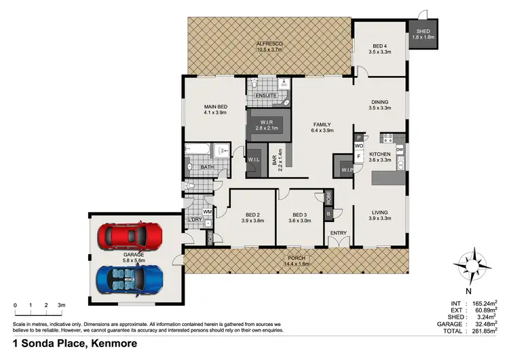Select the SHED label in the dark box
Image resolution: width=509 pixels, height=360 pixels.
(423, 31)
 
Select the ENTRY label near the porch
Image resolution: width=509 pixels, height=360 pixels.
(338, 234)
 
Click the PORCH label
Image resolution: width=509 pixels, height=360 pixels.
(297, 258)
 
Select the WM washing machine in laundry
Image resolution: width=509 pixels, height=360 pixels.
(208, 213)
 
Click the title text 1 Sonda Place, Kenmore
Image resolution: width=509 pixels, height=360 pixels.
(75, 344)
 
